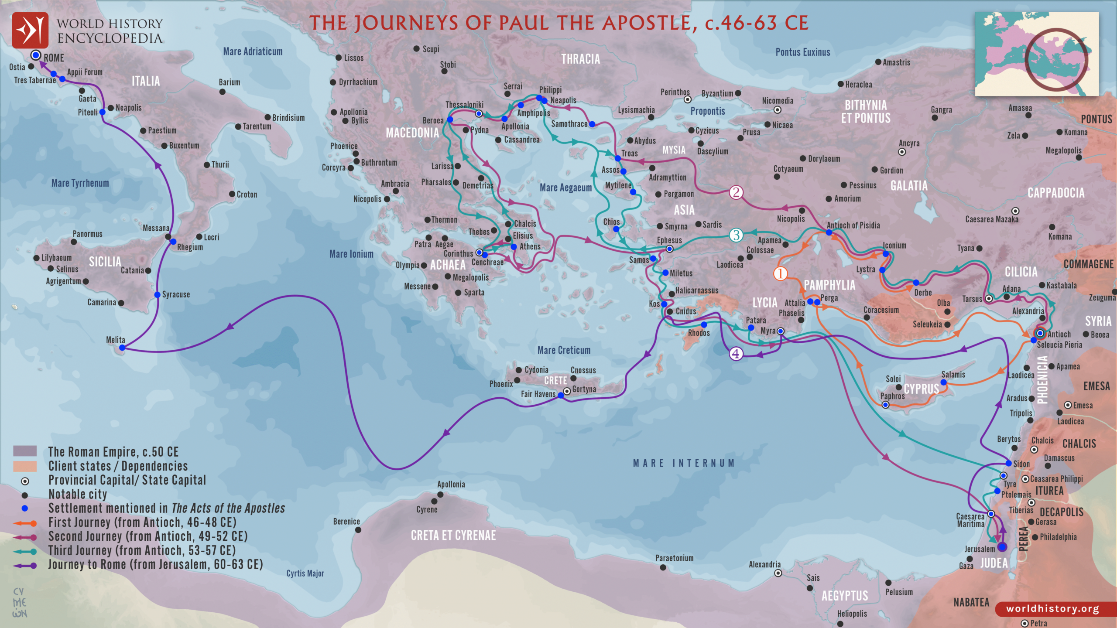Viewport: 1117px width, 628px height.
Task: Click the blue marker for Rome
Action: [36, 55]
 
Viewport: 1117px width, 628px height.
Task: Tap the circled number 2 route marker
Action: [736, 192]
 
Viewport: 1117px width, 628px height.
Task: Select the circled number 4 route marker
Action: [736, 354]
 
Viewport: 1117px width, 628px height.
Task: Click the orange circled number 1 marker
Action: [780, 273]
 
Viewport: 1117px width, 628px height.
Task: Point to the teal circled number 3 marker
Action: [736, 235]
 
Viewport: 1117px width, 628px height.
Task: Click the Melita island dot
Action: [122, 348]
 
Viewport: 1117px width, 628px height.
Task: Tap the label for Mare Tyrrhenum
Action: [80, 183]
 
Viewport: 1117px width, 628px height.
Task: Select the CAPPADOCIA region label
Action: [1056, 193]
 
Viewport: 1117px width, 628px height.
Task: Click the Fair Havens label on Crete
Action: [538, 394]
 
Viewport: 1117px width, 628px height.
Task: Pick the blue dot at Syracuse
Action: [157, 295]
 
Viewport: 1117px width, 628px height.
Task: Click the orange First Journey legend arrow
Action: [25, 523]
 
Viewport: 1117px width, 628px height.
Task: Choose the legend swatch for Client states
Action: [25, 466]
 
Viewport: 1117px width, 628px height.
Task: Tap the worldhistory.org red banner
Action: [1052, 609]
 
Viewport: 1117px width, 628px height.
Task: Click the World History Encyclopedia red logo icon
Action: [30, 30]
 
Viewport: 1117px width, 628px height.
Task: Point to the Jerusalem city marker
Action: [1002, 547]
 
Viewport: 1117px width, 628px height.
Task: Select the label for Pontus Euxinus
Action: [803, 52]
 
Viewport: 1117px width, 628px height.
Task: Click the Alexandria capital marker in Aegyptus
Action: [778, 573]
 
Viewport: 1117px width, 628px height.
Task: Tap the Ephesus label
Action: [669, 240]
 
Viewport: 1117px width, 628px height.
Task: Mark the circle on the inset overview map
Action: [1056, 59]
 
